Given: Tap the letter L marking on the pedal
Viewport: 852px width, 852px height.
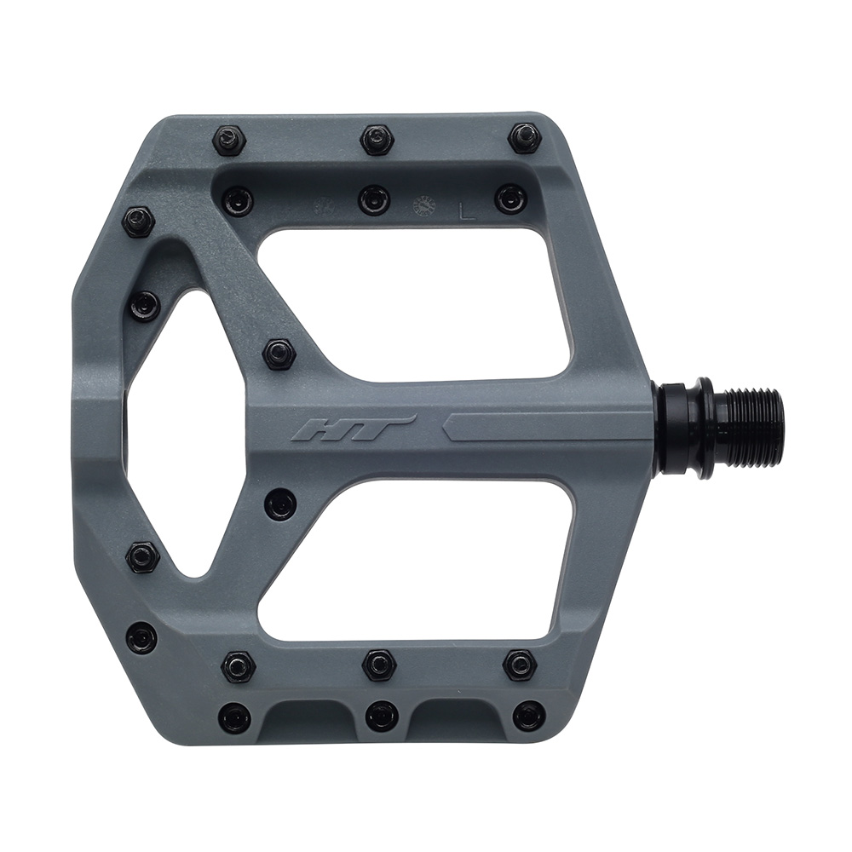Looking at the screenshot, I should tap(466, 210).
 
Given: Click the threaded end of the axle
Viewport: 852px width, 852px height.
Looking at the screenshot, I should tap(750, 427).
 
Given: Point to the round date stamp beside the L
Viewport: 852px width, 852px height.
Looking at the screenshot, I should tap(423, 207).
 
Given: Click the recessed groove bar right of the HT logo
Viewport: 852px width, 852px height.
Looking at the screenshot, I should tap(545, 425).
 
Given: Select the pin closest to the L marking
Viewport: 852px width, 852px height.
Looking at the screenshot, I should tap(510, 199).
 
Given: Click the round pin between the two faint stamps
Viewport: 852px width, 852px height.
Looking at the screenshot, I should tap(373, 199).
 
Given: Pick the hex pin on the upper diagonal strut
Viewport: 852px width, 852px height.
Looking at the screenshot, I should tap(278, 353).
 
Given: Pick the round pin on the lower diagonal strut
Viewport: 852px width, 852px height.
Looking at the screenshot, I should tap(279, 504).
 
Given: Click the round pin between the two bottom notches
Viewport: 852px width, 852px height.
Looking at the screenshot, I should tap(381, 716).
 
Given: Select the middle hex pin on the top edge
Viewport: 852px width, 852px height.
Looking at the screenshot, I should tap(376, 139).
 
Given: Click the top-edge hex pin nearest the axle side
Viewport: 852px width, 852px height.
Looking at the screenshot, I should tap(524, 137).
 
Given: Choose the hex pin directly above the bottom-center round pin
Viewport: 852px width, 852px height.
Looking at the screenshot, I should tap(379, 665).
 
